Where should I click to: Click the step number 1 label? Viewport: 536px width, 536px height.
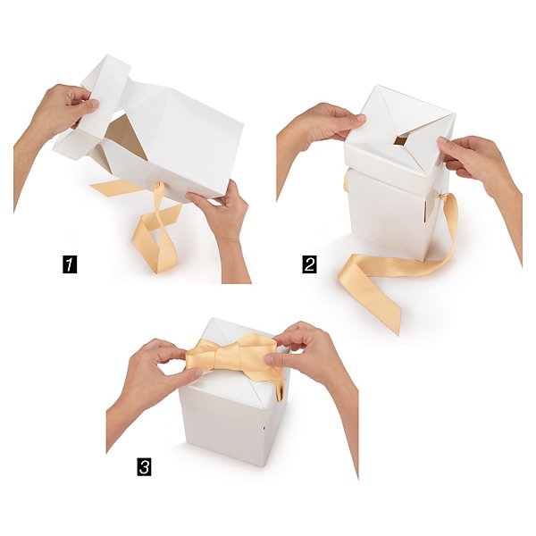click(x=70, y=264)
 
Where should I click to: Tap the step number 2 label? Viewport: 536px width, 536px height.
click(x=309, y=264)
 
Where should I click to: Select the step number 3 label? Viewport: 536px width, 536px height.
click(x=144, y=466)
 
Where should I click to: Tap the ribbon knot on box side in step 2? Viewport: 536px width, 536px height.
click(x=442, y=197)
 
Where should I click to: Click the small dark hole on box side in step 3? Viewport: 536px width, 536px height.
click(x=264, y=428)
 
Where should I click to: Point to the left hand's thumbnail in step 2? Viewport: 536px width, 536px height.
click(x=360, y=118)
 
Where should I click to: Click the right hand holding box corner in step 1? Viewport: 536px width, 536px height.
click(x=222, y=219)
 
